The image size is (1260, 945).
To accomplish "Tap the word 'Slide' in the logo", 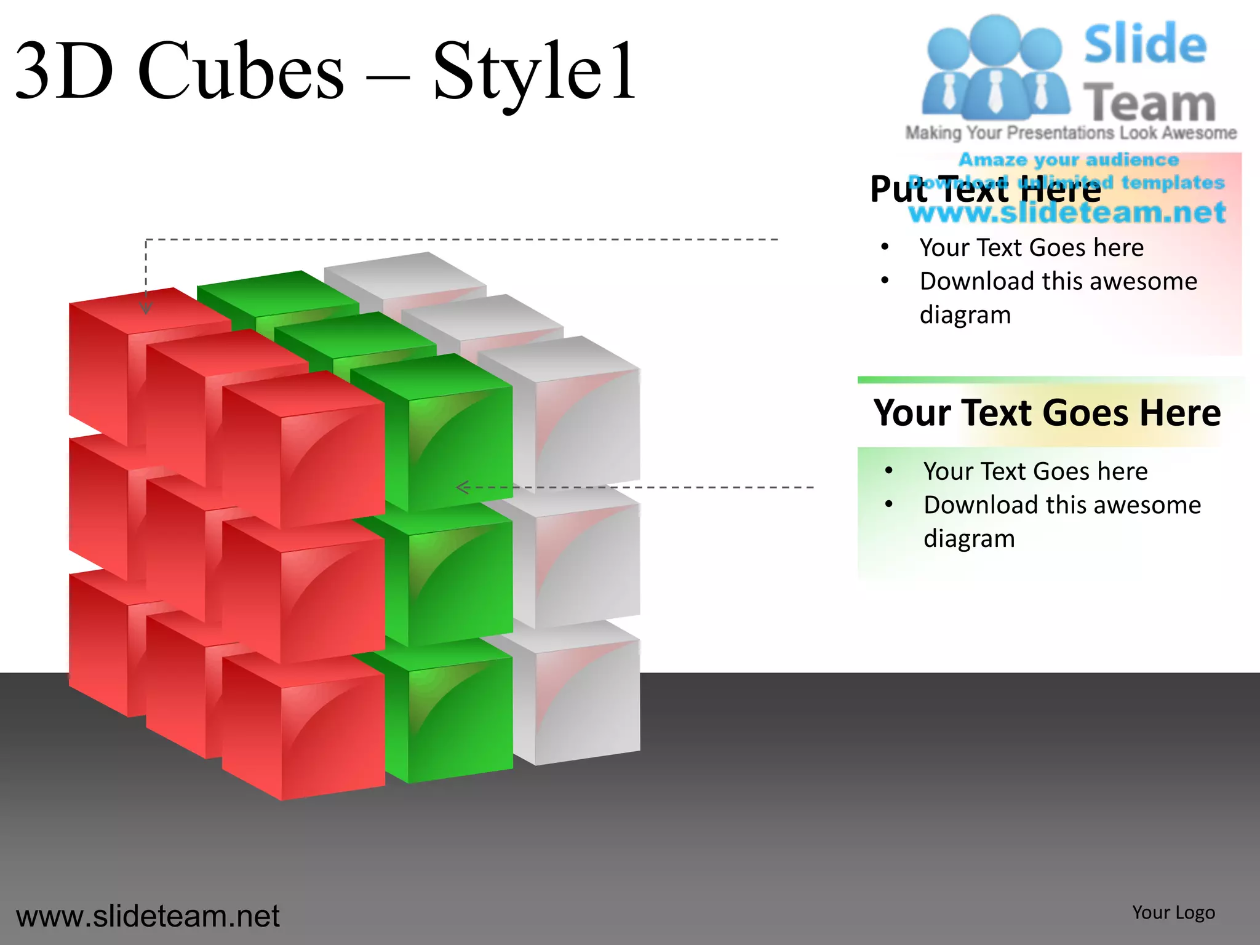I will [1145, 44].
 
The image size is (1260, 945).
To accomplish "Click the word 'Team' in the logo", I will [1149, 103].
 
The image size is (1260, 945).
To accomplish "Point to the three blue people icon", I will [995, 68].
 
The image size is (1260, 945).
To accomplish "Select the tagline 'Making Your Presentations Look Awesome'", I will [1071, 133].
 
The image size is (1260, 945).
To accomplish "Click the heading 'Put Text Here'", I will [985, 189].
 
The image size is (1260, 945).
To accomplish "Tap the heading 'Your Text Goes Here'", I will [1047, 412].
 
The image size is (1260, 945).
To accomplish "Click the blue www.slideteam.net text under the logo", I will [1067, 213].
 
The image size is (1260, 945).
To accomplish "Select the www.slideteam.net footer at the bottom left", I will [148, 916].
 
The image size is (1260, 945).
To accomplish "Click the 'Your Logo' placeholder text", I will [1173, 912].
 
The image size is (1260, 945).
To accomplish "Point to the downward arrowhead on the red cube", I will [146, 308].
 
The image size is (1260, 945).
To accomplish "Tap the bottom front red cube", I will [332, 732].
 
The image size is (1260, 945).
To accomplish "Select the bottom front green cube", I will [458, 717].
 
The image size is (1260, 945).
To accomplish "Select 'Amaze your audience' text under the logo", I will [1069, 160].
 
